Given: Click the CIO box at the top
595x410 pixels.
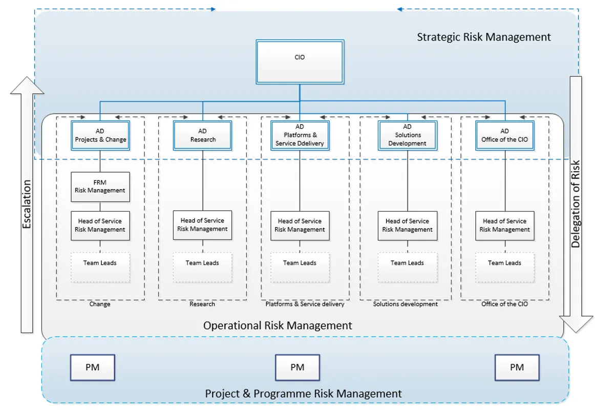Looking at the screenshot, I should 300,61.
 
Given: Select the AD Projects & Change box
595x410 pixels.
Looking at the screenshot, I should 100,135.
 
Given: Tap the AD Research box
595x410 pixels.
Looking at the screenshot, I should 203,135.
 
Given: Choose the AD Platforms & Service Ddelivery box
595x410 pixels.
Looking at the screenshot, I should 300,135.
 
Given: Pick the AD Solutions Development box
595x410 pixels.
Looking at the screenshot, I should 408,135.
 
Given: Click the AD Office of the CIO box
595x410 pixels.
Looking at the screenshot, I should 505,135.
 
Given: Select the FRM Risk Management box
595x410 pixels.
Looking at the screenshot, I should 100,187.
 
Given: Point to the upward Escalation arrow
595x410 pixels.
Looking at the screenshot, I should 27,205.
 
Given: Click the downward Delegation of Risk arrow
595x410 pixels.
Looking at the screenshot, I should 576,205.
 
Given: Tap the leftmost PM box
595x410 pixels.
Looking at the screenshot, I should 92,367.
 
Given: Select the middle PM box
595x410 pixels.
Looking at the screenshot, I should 297,367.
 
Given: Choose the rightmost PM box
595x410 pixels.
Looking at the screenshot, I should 517,367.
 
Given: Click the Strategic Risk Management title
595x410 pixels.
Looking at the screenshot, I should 484,37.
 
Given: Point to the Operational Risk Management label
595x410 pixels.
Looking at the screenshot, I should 278,325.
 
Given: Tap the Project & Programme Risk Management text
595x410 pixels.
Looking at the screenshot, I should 303,394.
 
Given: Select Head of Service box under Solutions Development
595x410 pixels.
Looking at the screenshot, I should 408,225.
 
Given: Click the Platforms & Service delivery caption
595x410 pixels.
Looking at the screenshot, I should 305,304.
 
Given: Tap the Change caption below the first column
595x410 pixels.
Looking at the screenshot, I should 100,304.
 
